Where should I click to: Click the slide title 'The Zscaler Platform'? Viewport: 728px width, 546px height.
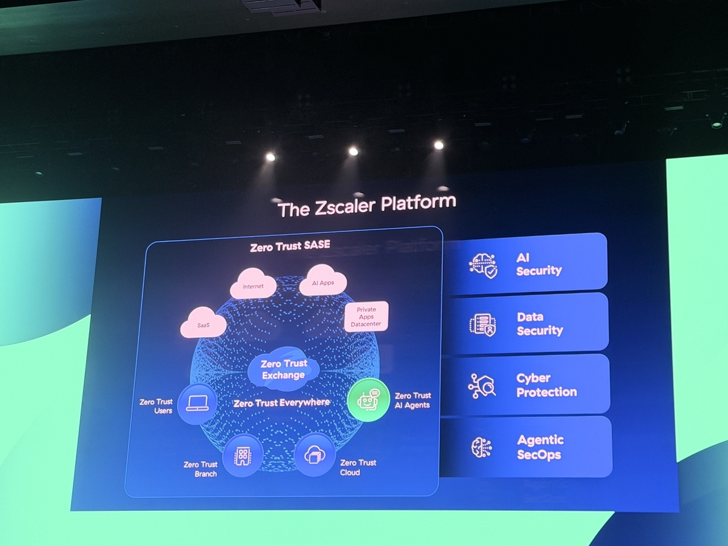point(366,206)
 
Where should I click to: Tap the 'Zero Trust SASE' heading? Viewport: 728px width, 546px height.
point(290,246)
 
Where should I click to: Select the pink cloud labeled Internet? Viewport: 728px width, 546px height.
point(254,283)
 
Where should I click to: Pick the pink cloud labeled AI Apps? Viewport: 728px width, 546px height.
point(323,280)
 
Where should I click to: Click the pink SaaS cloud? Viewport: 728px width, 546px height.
point(203,323)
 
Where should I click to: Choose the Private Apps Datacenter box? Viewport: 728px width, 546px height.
point(366,317)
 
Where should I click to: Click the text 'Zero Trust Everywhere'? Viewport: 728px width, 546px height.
point(281,403)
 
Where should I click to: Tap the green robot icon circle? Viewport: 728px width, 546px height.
point(368,400)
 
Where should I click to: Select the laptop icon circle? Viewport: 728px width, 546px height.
point(197,404)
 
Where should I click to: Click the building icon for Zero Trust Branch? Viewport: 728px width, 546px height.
point(243,456)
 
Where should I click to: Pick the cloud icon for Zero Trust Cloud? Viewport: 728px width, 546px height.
point(315,455)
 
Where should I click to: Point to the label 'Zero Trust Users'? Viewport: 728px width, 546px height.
point(156,406)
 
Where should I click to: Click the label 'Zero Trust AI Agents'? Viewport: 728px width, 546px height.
point(413,400)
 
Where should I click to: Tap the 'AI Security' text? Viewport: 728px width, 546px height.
point(539,265)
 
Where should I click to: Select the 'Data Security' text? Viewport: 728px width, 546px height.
point(540,324)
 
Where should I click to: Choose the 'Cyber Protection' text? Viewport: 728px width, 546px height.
point(547,385)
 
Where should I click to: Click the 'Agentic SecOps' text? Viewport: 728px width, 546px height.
point(540,448)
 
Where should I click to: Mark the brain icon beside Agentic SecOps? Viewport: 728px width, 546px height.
point(482,448)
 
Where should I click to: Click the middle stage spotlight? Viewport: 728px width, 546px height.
point(354,152)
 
